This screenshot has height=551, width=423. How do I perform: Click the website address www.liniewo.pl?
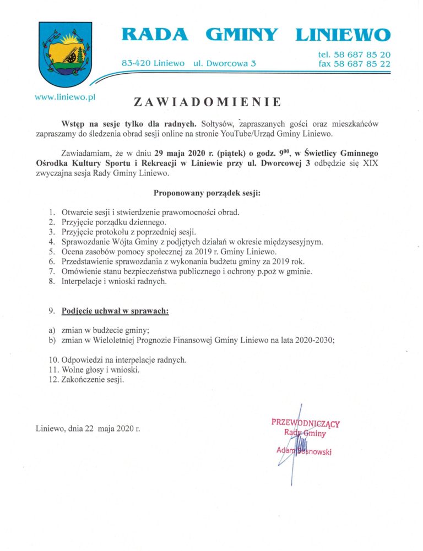66,96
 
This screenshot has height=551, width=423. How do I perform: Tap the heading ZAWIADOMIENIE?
208,102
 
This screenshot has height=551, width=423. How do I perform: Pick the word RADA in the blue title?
154,35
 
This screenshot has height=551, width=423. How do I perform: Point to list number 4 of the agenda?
51,242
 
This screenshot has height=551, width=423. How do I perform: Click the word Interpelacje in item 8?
84,281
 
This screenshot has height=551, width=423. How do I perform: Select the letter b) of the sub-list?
53,340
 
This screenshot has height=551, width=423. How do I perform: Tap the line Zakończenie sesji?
93,380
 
